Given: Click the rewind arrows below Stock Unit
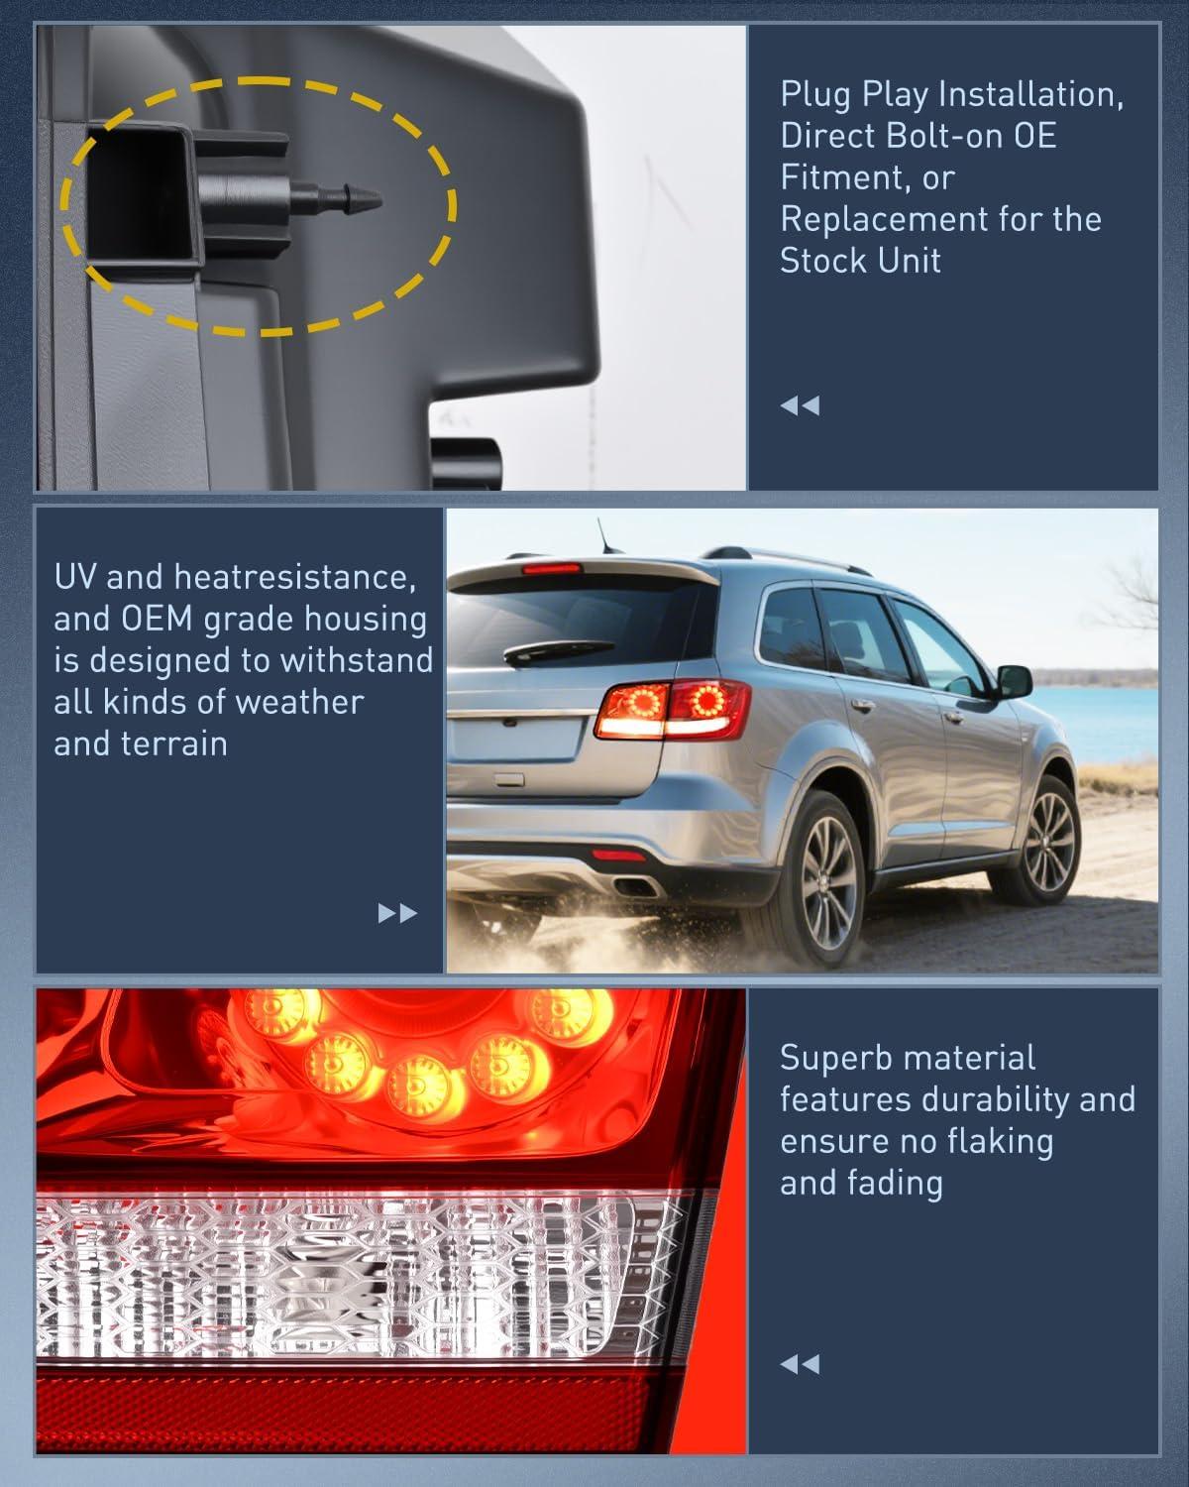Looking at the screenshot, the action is pyautogui.click(x=800, y=405).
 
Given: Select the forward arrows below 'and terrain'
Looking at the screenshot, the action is pyautogui.click(x=397, y=913).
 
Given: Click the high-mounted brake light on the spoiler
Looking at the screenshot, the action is pyautogui.click(x=551, y=569).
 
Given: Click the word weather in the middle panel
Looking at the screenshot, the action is pyautogui.click(x=300, y=703).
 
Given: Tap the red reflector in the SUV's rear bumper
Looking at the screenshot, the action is pyautogui.click(x=618, y=857).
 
